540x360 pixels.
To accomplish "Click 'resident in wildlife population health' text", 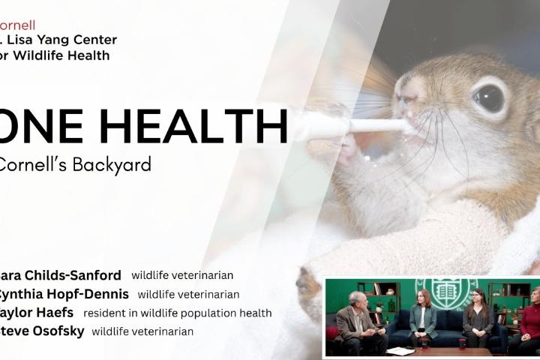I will [x=178, y=313].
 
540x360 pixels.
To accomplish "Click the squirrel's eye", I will [x=489, y=98].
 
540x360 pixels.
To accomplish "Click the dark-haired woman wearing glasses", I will [x=478, y=319].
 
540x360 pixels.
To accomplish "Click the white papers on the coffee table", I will [x=400, y=351].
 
